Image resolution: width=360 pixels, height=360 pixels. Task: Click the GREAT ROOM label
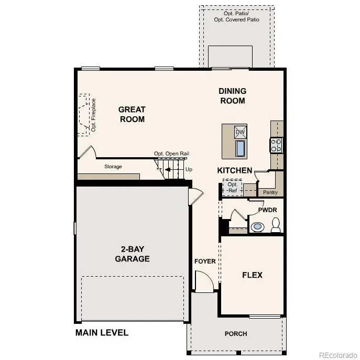[132, 114]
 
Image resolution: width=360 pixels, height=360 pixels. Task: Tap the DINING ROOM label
[232, 96]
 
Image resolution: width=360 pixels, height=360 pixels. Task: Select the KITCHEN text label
[235, 171]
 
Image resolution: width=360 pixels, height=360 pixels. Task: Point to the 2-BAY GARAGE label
[133, 254]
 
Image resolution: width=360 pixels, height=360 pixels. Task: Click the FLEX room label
[252, 275]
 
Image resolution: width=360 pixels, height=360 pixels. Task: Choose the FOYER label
[205, 261]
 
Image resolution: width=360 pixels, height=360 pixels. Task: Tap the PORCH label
[235, 334]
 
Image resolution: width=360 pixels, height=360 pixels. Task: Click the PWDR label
[267, 210]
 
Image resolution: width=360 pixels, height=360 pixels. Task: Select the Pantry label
[270, 192]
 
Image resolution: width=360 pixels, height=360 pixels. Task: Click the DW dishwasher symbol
[240, 132]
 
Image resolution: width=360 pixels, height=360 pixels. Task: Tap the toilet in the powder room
[276, 225]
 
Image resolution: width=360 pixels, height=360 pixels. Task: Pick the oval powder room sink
[257, 227]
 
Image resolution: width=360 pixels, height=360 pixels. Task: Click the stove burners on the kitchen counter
[276, 145]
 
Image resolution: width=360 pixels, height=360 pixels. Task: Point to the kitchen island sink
[240, 149]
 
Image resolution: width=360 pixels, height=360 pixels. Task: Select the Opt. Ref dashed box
[232, 187]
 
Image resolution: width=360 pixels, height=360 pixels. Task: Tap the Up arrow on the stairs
[168, 170]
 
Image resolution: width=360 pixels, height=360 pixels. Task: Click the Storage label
[113, 167]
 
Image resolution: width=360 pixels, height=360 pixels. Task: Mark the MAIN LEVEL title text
[102, 333]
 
